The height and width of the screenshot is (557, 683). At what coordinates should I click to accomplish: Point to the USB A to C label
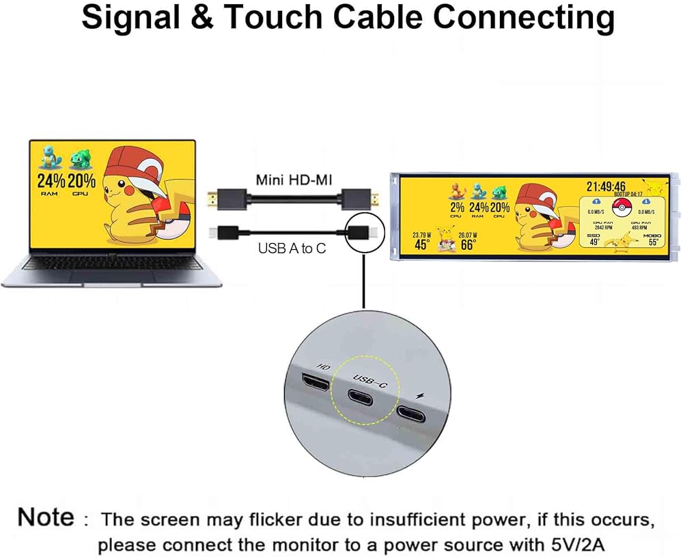click(292, 248)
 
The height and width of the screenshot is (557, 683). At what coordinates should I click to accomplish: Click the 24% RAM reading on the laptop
click(51, 182)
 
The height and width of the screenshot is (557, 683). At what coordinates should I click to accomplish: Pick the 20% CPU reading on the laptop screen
click(81, 182)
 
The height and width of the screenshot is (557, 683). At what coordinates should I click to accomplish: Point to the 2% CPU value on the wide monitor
click(456, 207)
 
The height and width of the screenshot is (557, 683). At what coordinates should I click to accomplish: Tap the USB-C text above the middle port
click(370, 380)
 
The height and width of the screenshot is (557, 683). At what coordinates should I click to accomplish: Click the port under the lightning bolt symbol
click(413, 414)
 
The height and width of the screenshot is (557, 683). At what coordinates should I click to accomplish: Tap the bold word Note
click(46, 517)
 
